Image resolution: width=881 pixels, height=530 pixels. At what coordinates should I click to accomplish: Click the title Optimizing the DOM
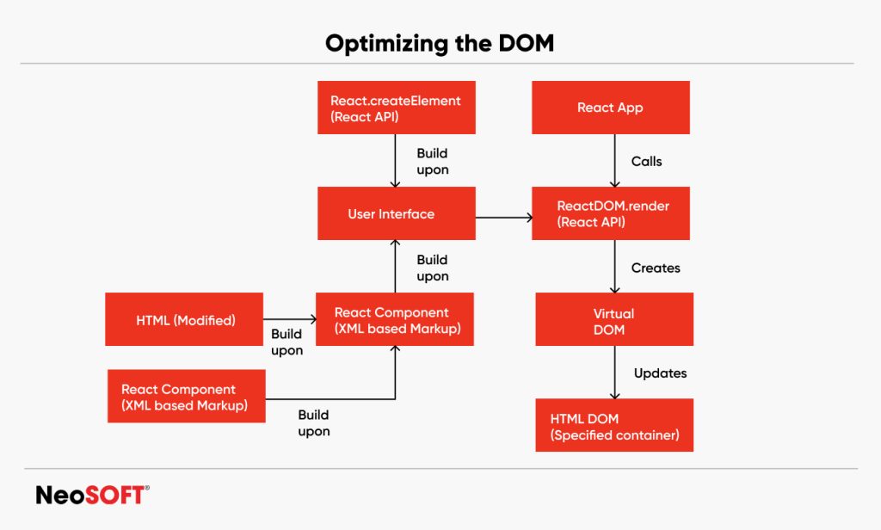point(440,43)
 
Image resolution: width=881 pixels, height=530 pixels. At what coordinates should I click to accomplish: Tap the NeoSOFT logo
point(92,495)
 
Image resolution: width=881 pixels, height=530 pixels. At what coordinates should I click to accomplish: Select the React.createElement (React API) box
point(396,108)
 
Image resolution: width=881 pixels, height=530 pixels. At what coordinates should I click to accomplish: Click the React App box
point(610,108)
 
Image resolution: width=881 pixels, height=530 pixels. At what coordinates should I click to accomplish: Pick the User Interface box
point(396,213)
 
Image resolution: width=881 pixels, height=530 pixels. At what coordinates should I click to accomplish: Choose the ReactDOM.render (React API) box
point(610,213)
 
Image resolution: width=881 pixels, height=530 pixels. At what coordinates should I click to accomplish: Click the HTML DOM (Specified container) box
point(613,425)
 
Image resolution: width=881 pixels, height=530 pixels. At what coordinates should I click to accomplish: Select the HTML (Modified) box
point(185,320)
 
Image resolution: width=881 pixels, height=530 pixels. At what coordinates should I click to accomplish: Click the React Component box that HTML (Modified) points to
point(394,319)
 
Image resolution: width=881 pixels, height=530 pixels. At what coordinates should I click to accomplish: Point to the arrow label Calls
point(647,161)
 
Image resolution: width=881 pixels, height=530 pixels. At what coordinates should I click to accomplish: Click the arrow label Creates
point(656,268)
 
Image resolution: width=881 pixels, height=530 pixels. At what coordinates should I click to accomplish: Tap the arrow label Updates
point(660,373)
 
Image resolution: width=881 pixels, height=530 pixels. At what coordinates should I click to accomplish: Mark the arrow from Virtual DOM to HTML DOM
point(614,373)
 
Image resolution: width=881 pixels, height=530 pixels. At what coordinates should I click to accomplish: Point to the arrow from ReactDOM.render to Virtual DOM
point(614,267)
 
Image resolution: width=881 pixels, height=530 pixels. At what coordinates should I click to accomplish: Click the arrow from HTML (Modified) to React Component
point(289,319)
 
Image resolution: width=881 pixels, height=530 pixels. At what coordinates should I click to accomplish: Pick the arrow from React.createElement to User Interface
point(395,161)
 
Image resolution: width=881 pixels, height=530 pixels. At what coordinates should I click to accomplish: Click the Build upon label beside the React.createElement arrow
point(433,161)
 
